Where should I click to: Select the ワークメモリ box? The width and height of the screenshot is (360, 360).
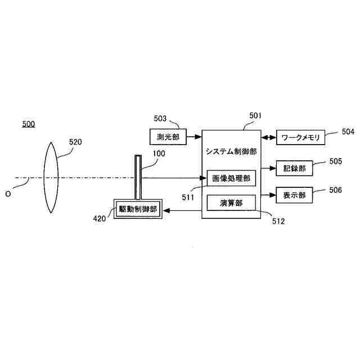point(300,137)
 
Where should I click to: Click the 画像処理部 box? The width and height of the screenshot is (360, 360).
point(231,178)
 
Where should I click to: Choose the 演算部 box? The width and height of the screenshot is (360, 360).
point(231,203)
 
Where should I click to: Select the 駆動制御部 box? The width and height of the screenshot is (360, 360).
point(138,209)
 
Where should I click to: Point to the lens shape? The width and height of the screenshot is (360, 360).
point(50,178)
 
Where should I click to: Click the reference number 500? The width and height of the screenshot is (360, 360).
point(28,124)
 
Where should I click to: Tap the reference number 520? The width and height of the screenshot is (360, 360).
point(75,142)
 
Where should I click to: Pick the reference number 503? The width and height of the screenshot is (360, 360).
point(160,119)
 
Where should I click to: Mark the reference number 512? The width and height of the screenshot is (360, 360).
point(278,221)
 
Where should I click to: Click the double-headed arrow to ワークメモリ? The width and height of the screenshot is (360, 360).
point(268,137)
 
